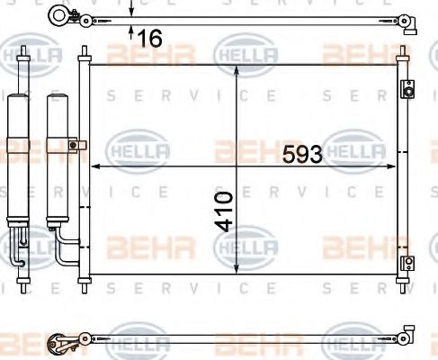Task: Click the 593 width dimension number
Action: [x=302, y=155]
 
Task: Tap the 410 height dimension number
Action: [x=225, y=209]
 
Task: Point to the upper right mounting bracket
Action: [x=407, y=90]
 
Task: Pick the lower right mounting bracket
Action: [x=407, y=263]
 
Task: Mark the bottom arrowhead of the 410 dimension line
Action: [x=236, y=268]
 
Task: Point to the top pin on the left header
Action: [x=84, y=50]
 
